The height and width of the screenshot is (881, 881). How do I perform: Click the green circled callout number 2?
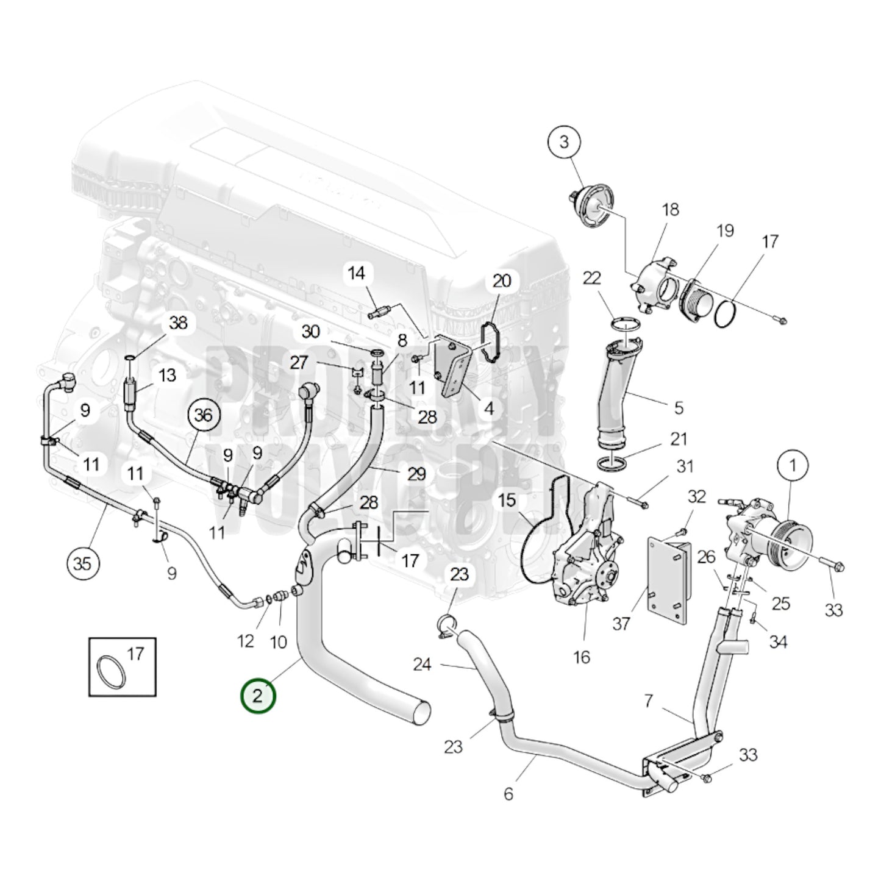258,696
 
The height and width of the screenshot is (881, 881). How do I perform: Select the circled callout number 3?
564,142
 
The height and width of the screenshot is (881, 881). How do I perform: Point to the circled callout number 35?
83,563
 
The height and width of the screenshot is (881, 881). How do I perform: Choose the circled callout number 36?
203,415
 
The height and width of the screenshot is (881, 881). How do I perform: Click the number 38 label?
178,323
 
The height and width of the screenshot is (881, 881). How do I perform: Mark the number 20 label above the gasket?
501,281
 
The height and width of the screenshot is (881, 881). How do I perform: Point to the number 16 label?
582,657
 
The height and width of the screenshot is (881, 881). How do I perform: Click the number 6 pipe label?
508,793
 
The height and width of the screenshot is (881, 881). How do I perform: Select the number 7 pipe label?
648,701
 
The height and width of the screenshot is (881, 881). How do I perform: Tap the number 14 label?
357,273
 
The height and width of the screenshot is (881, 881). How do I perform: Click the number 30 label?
310,332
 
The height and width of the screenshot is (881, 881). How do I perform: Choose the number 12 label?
245,641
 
